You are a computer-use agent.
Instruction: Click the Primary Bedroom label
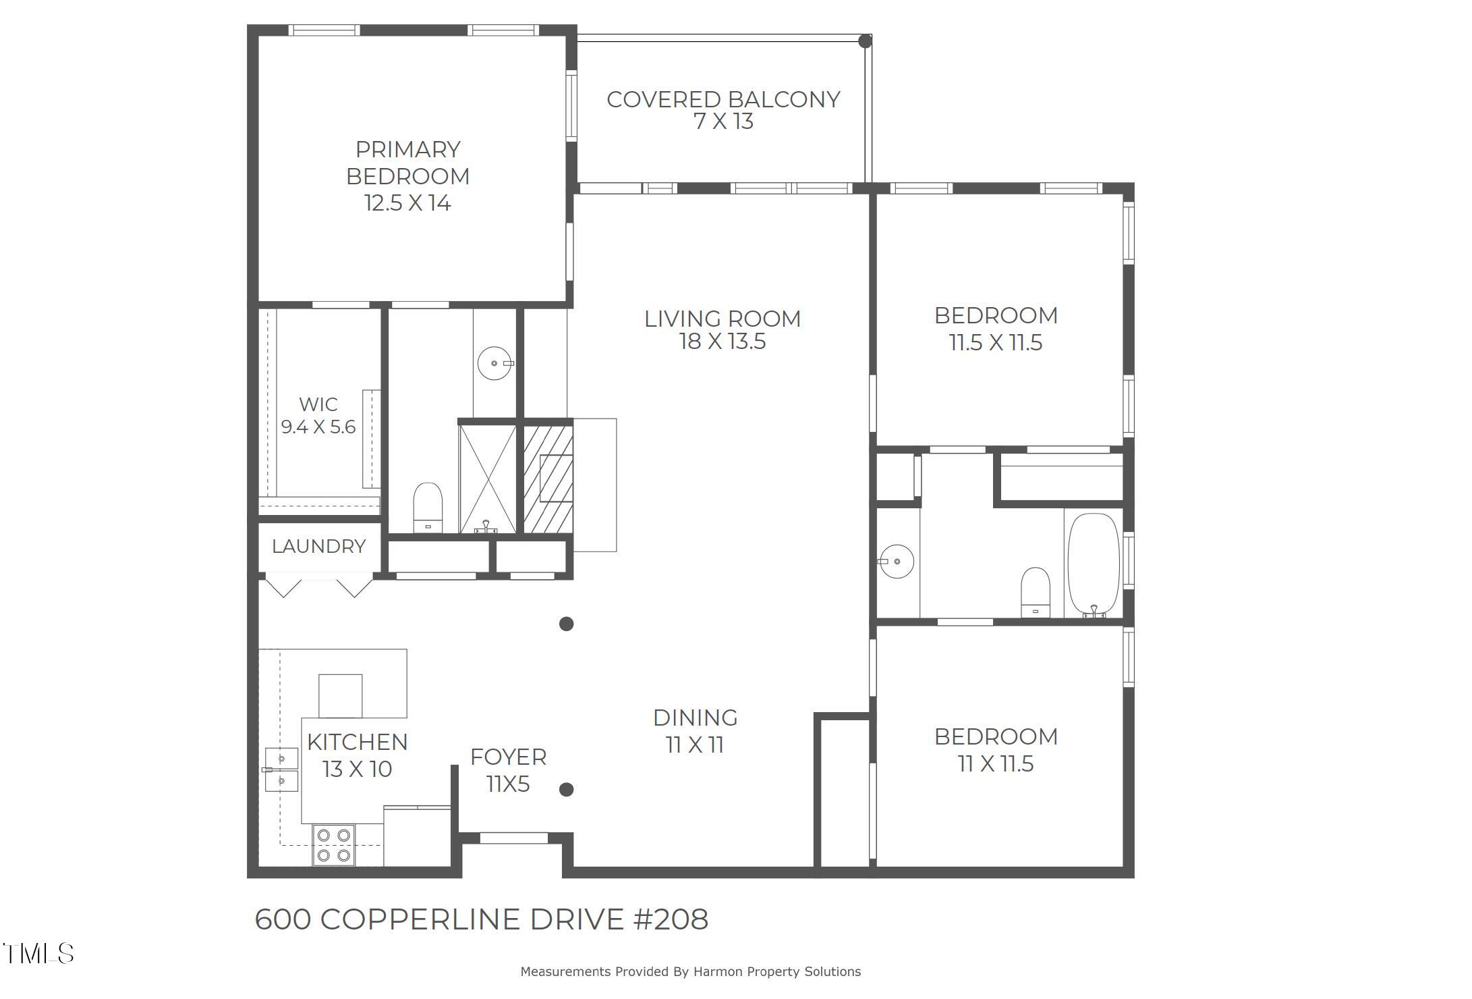407,163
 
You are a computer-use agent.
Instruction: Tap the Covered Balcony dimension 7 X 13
723,122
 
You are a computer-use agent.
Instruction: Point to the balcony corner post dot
864,41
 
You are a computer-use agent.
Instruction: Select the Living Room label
722,319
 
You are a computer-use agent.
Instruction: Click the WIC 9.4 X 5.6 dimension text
318,427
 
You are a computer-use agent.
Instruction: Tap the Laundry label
318,546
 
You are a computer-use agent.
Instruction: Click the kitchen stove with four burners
333,846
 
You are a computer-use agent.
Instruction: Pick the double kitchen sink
281,770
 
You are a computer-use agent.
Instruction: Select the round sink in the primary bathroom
494,363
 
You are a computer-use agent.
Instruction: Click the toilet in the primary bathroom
427,507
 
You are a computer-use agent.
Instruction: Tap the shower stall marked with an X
487,479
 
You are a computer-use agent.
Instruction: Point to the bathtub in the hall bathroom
1093,565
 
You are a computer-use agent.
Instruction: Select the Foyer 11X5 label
508,770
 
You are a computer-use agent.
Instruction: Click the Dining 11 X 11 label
695,731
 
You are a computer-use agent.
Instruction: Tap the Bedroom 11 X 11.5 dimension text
995,764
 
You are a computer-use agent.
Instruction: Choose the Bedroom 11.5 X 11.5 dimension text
996,343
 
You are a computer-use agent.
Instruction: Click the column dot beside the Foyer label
567,789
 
